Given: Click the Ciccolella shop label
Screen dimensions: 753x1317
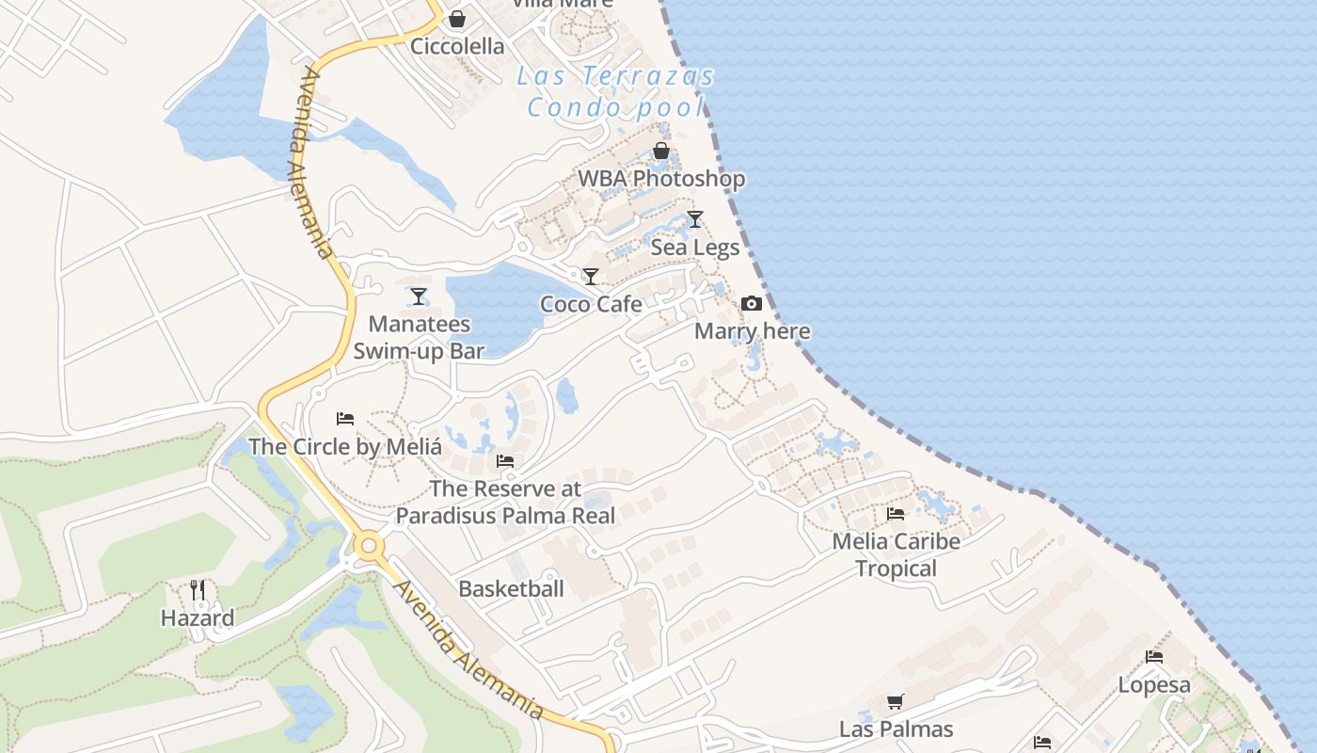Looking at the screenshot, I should (457, 46).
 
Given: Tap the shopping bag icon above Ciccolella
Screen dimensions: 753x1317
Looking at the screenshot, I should (456, 19).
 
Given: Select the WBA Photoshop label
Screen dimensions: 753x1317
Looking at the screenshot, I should (660, 178).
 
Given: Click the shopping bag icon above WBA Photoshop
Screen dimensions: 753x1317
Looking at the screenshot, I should (661, 151).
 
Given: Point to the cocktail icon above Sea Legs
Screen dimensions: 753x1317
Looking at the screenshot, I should (695, 219).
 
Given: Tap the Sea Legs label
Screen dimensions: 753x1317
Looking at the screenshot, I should (695, 247).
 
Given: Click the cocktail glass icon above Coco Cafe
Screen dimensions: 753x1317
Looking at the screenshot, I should (591, 277).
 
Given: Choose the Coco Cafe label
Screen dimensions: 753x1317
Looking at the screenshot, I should (591, 304).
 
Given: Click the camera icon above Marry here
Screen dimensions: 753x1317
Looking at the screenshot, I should (752, 303).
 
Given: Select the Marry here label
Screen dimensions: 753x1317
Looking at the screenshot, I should (752, 331).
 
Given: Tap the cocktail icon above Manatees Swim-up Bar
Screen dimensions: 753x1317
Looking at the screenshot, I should (419, 296).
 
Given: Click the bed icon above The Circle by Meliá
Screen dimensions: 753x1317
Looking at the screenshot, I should (345, 418).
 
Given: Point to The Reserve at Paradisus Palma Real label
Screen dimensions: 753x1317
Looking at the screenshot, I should (505, 503).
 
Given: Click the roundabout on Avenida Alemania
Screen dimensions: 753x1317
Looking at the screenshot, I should (368, 545).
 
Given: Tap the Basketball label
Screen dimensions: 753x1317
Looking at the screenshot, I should (511, 588).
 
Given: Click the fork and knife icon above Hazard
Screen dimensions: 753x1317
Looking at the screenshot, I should (198, 590).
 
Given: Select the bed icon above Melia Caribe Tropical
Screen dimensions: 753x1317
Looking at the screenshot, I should (896, 514).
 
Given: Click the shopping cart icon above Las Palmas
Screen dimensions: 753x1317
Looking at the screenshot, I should (896, 701).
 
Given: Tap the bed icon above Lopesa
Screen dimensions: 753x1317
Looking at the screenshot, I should (1154, 657).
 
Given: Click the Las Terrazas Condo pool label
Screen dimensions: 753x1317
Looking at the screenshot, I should (615, 91).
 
